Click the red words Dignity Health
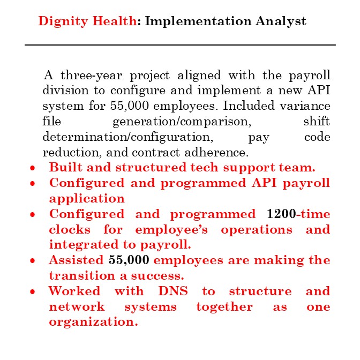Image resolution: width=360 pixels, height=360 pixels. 87,21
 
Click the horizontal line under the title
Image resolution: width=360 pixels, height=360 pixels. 180,45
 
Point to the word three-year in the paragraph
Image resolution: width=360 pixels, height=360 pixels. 88,74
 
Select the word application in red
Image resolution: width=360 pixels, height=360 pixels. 87,198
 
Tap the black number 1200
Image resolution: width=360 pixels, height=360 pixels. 281,214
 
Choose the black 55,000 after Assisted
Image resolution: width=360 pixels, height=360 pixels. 129,260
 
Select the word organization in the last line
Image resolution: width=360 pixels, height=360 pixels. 93,322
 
